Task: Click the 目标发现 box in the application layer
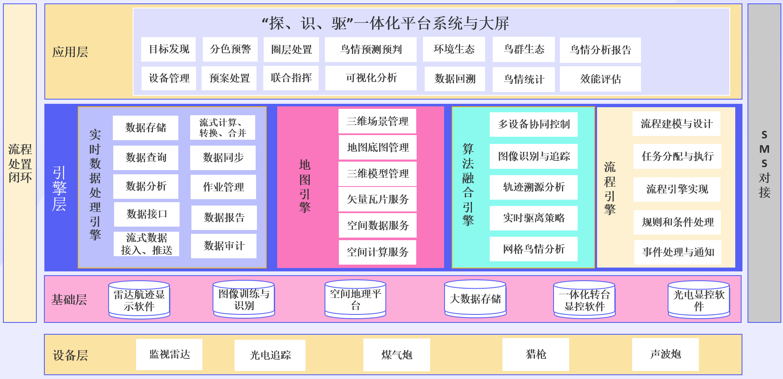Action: point(169,49)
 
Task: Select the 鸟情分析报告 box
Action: point(600,50)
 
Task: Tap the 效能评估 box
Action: point(600,79)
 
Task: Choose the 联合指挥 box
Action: point(291,78)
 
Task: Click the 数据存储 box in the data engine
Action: point(145,127)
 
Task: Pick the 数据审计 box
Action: point(224,246)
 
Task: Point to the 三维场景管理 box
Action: point(377,122)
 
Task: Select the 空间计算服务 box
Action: point(377,252)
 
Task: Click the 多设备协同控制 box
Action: point(533,124)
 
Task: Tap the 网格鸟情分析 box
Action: point(533,249)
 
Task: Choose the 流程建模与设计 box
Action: point(676,124)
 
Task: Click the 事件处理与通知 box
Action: point(678,252)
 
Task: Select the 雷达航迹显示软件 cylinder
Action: point(139,300)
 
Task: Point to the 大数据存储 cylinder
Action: point(475,299)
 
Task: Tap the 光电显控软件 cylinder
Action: point(698,300)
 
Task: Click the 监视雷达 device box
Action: point(169,355)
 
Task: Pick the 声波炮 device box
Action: point(665,355)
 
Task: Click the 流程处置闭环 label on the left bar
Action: point(20,163)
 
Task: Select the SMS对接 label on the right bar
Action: point(764,164)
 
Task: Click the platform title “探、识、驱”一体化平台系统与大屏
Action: point(385,23)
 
